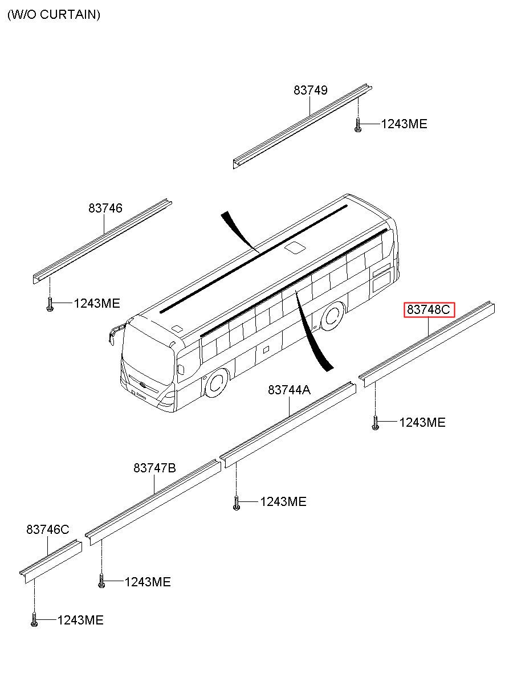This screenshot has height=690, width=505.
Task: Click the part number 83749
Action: [x=311, y=90]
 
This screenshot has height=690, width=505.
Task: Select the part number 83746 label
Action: [x=105, y=209]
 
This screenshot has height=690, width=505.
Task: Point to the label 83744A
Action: [x=290, y=390]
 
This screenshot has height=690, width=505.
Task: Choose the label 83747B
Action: [x=154, y=468]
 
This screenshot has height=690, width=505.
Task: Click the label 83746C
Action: [x=47, y=530]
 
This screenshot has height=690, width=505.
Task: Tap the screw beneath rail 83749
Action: [x=358, y=125]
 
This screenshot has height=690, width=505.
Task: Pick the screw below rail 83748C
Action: [x=375, y=423]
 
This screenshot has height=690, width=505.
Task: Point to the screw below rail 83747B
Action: [x=101, y=582]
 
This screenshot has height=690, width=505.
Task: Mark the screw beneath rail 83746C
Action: [x=34, y=620]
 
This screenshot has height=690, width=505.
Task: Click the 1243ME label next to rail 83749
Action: [x=404, y=124]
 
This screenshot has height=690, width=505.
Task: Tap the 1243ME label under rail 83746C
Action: [x=80, y=620]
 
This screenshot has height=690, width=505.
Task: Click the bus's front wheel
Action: [x=217, y=383]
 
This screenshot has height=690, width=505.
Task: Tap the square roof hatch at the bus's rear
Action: [x=295, y=247]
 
